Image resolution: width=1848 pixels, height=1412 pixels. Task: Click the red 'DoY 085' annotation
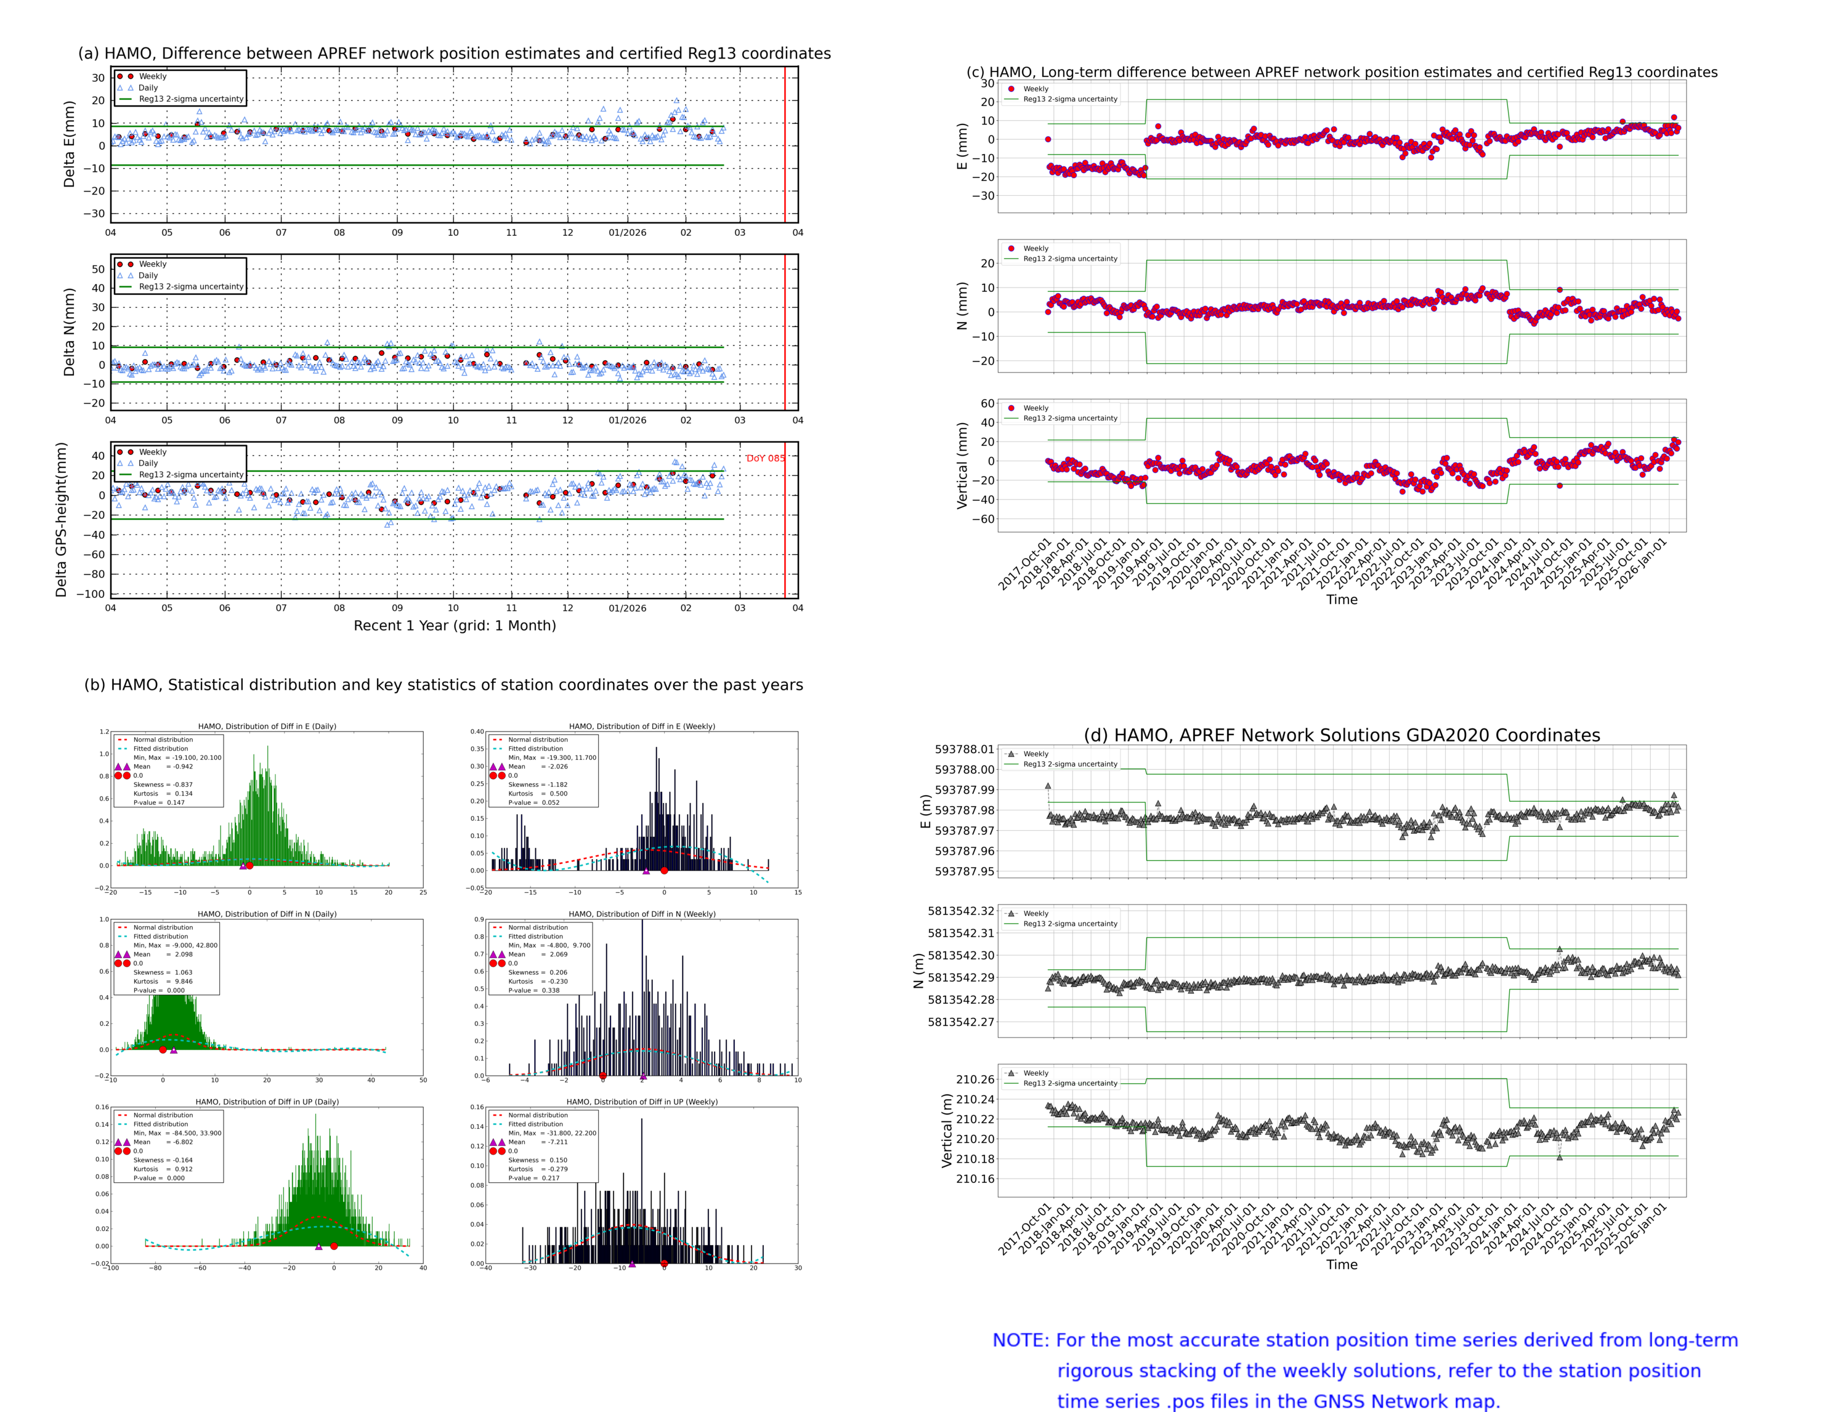764,458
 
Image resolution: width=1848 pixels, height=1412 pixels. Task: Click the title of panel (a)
454,53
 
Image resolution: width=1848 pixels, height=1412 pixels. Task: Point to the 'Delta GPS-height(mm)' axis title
60,520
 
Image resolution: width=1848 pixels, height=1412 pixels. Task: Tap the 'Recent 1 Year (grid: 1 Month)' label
454,625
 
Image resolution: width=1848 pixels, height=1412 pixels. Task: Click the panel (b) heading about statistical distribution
443,685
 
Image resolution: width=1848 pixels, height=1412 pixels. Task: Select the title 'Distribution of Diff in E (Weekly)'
641,726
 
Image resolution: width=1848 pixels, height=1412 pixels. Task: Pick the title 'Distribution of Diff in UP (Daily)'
267,1101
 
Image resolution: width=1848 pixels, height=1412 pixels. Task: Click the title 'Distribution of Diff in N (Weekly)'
641,914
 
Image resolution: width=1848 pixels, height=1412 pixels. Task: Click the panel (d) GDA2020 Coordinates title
1341,735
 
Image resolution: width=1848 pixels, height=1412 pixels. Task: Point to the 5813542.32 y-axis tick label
960,911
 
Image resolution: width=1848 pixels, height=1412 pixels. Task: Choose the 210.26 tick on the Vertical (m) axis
975,1079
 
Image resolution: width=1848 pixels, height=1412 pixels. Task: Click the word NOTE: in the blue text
1020,1341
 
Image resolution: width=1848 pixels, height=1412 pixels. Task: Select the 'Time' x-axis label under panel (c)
1341,599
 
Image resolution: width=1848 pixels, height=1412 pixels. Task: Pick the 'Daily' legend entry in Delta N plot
148,276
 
